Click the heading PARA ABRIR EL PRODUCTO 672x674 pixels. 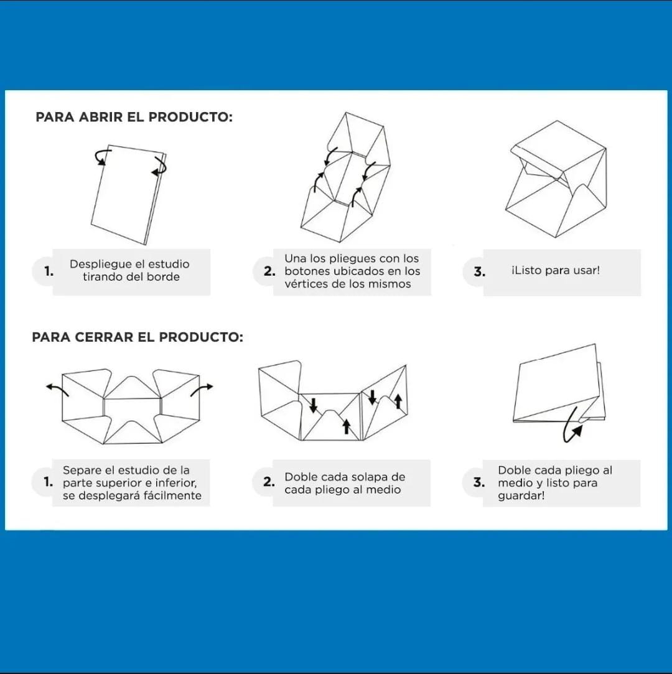pos(134,117)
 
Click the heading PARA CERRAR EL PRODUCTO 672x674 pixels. pos(138,337)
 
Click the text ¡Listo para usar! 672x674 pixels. pos(556,270)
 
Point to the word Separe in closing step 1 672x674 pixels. pos(82,470)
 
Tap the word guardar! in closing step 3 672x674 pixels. pos(521,495)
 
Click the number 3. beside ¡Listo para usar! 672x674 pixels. pos(480,272)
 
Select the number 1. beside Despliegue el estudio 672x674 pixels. pos(49,271)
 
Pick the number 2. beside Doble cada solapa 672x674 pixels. pos(269,482)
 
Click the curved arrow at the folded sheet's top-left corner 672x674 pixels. pos(103,156)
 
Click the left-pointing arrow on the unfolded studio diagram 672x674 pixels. pos(57,388)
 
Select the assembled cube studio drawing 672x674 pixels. pos(556,179)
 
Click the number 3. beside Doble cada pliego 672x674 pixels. pos(479,482)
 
